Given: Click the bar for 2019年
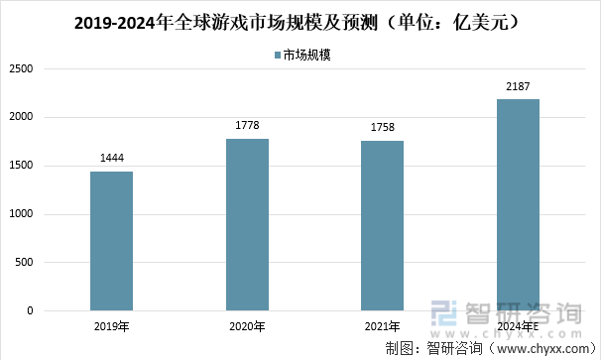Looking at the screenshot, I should [x=111, y=241].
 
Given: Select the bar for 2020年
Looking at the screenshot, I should [x=247, y=224].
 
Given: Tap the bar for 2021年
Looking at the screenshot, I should [x=382, y=225].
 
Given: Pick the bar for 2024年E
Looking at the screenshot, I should [x=518, y=204].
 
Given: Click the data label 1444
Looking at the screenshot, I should [x=111, y=159].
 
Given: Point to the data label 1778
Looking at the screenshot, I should [x=247, y=126].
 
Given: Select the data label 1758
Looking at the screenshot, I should [x=382, y=128].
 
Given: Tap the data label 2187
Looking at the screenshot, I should [x=518, y=86].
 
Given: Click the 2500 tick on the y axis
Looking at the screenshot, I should [x=21, y=69].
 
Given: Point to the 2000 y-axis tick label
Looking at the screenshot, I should [x=21, y=117].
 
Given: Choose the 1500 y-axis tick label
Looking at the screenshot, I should [x=21, y=166].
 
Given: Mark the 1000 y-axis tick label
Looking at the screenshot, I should [x=21, y=214].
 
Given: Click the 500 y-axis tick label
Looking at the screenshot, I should [x=24, y=263].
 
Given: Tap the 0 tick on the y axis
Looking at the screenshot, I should [x=30, y=310].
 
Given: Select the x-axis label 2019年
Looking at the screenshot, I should [x=111, y=326].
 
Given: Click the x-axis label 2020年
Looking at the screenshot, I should [x=247, y=326].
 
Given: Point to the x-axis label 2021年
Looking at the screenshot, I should [x=382, y=326].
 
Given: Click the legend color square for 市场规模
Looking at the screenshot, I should [x=276, y=57].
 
